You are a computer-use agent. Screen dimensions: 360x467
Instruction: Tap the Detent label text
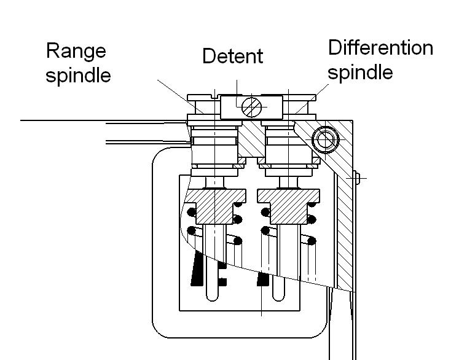pyautogui.click(x=232, y=57)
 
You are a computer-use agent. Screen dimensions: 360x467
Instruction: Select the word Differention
pyautogui.click(x=380, y=47)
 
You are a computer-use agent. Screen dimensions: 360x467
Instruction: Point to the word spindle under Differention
pyautogui.click(x=360, y=72)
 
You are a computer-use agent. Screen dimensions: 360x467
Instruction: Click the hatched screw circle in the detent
pyautogui.click(x=251, y=107)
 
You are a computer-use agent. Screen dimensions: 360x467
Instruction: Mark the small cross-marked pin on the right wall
pyautogui.click(x=356, y=178)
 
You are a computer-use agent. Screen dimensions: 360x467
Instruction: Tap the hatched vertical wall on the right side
pyautogui.click(x=344, y=233)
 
